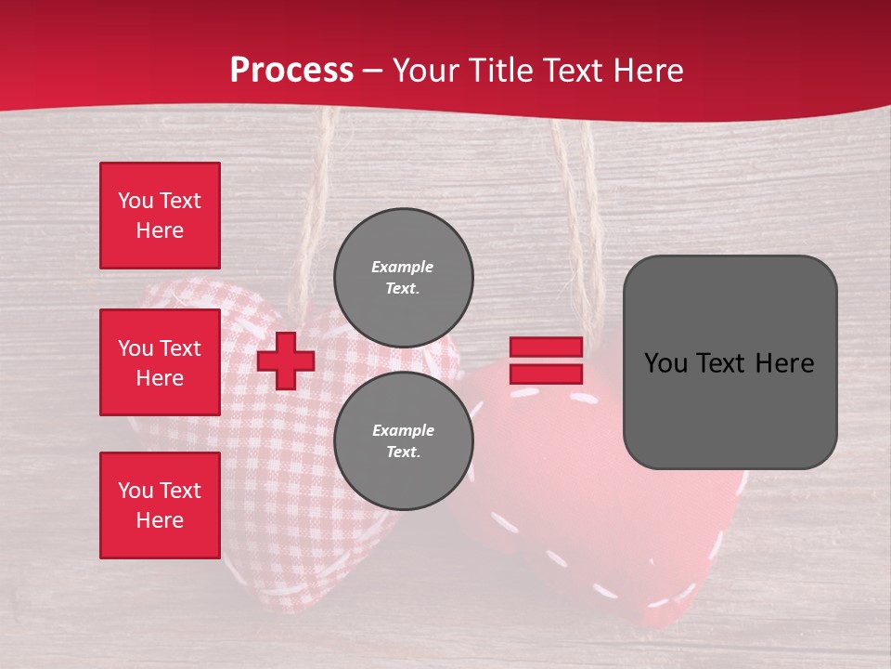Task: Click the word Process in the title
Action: [x=291, y=71]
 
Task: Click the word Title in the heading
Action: [x=499, y=71]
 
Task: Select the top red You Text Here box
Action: [x=160, y=216]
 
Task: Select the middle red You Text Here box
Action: [x=160, y=362]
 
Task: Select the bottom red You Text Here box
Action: [x=160, y=505]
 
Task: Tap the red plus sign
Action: [x=285, y=361]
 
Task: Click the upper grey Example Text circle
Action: [x=403, y=277]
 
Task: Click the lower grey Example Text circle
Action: [x=403, y=440]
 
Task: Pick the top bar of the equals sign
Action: [x=546, y=347]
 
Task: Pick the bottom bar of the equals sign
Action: [x=546, y=374]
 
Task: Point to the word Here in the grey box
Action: [x=784, y=363]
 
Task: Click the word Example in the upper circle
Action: [x=403, y=267]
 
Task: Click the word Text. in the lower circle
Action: [x=403, y=452]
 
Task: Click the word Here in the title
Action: [x=651, y=71]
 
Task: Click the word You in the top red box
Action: [x=134, y=201]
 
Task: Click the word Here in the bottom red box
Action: [x=160, y=520]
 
